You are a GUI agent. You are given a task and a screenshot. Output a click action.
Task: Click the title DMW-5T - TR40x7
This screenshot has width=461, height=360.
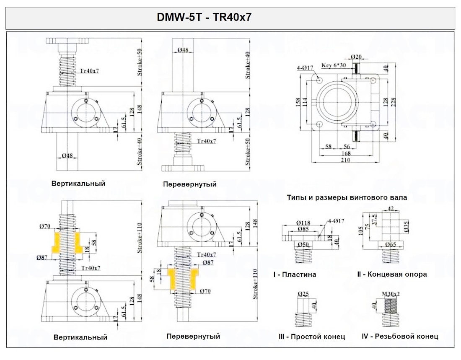204,18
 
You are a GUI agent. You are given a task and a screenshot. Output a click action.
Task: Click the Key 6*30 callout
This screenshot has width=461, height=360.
333,65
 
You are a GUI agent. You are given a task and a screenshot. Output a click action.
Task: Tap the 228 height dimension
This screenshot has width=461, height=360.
394,101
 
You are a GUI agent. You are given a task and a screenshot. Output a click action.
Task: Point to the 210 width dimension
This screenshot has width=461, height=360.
346,159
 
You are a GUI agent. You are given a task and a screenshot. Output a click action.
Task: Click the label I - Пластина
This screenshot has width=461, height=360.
295,275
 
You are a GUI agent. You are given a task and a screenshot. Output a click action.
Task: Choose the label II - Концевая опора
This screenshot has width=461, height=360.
392,274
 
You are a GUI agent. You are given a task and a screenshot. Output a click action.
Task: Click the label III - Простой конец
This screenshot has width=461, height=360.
312,337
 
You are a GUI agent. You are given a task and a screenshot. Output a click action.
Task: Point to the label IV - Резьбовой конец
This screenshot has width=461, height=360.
400,336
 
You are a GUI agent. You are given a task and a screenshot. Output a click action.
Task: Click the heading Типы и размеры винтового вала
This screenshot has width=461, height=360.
347,197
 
